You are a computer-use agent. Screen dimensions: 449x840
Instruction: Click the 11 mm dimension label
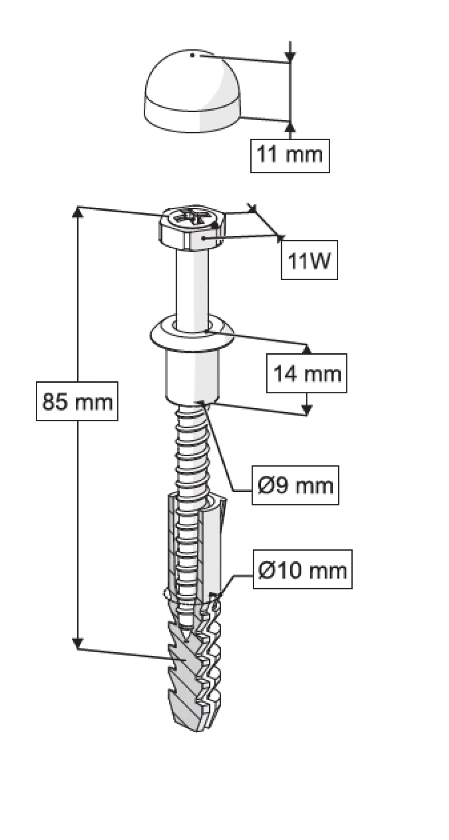pyautogui.click(x=290, y=155)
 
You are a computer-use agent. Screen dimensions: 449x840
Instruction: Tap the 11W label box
pyautogui.click(x=309, y=260)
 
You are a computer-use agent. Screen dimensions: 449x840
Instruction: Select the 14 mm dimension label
pyautogui.click(x=306, y=373)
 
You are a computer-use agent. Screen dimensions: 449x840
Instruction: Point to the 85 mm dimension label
pyautogui.click(x=77, y=402)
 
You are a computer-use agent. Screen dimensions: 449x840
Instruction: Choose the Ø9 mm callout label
pyautogui.click(x=295, y=485)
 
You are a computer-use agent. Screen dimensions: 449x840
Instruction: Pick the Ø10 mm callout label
pyautogui.click(x=303, y=569)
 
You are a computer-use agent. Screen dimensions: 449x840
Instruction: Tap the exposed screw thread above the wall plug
pyautogui.click(x=192, y=450)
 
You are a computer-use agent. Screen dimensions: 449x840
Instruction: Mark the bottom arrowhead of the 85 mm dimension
pyautogui.click(x=78, y=643)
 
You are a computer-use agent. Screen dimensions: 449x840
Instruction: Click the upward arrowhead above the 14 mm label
pyautogui.click(x=306, y=349)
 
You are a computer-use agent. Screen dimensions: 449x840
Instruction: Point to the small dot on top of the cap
pyautogui.click(x=192, y=55)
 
